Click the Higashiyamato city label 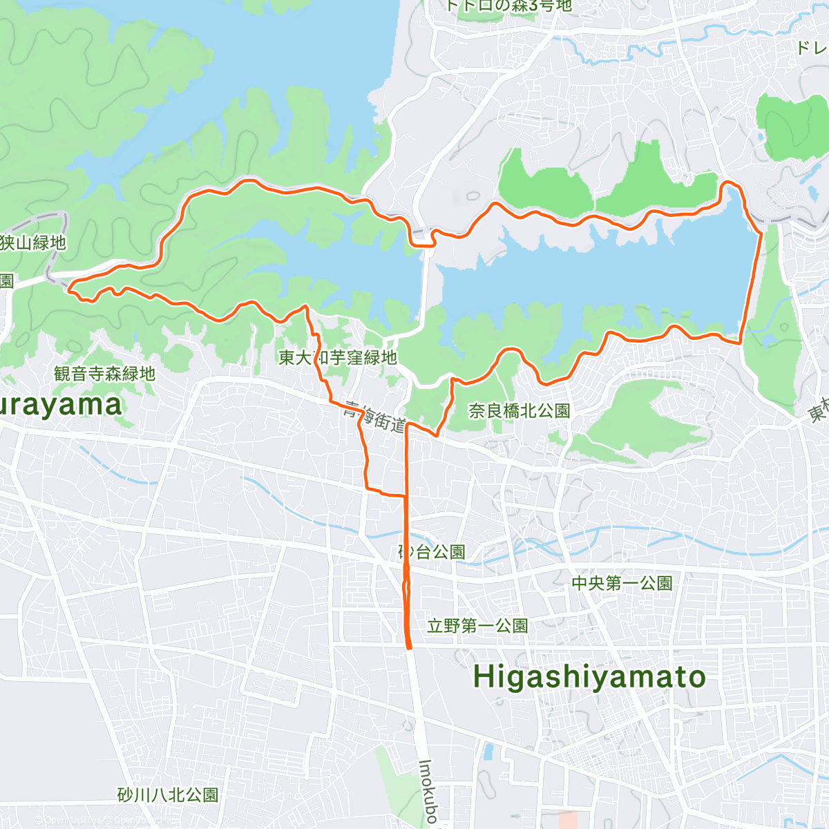point(589,677)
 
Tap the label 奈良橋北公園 point(520,411)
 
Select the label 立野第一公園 point(477,626)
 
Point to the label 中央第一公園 point(622,583)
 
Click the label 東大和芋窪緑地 point(338,357)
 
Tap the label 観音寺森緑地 point(104,374)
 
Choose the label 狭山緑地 point(33,242)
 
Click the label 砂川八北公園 point(168,795)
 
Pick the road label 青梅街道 point(374,417)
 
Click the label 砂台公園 point(432,552)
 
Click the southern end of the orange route point(409,647)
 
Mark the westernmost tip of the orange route point(69,289)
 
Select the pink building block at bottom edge point(568,820)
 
